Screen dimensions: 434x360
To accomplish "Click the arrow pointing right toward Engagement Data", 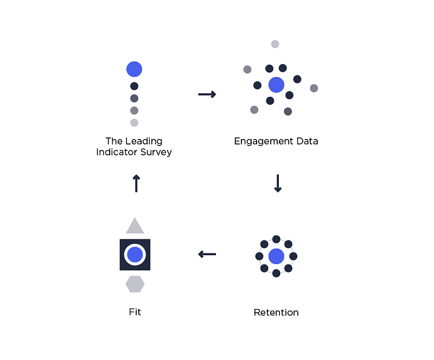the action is [207, 94].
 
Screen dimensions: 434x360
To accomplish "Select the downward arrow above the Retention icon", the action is [278, 183].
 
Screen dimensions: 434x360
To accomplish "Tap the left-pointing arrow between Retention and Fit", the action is [207, 254].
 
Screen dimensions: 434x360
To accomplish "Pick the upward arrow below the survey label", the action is [136, 183].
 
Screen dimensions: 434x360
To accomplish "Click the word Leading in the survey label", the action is [144, 141].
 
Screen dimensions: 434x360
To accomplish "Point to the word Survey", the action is [156, 152].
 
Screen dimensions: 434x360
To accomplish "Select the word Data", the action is [307, 141].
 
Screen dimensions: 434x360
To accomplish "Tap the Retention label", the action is [276, 312].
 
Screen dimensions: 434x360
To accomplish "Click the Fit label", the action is [135, 312].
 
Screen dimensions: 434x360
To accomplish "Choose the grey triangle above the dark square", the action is [135, 226].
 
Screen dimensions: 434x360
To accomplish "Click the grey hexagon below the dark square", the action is [135, 284].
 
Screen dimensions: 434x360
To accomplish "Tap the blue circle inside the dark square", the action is [135, 255].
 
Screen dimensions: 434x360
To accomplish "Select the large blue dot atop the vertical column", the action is [134, 69].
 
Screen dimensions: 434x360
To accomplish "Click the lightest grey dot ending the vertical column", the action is [134, 123].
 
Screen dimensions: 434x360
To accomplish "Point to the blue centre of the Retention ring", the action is [276, 256].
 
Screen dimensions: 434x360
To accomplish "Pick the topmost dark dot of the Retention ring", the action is [276, 239].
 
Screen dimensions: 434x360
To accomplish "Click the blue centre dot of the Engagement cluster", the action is [276, 85].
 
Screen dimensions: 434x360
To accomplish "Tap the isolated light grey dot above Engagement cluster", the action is [275, 44].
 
